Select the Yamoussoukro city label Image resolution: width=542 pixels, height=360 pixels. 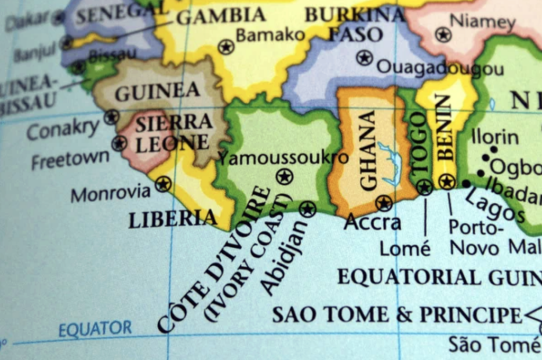pos(284,157)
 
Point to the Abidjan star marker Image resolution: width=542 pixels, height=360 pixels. pos(307,209)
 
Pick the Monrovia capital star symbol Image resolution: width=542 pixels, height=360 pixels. pos(163,184)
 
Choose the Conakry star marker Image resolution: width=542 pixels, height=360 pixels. pos(111,116)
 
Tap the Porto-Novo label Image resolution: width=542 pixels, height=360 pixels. pos(474,237)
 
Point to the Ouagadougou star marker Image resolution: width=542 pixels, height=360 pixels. pos(364,57)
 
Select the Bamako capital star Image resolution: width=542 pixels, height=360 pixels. pos(226,47)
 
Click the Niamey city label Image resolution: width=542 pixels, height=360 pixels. pos(482,22)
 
